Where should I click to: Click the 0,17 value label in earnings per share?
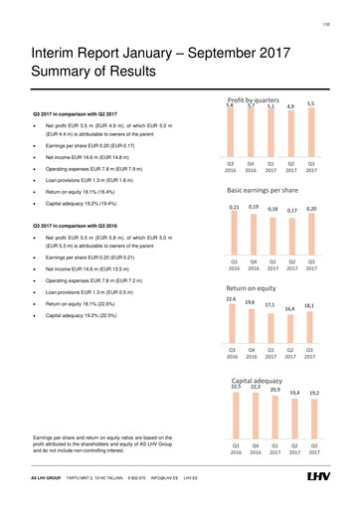[292, 211]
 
